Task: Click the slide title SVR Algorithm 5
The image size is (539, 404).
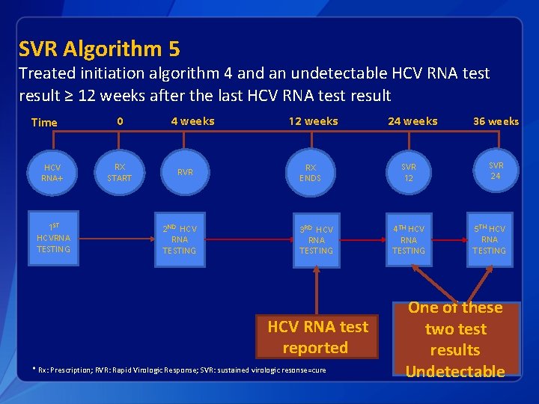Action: pyautogui.click(x=99, y=49)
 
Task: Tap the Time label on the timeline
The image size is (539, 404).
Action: pyautogui.click(x=44, y=123)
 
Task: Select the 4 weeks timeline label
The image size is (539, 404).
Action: pyautogui.click(x=192, y=121)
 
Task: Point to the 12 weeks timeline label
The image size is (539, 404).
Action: pyautogui.click(x=314, y=121)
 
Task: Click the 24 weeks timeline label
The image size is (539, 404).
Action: pyautogui.click(x=412, y=121)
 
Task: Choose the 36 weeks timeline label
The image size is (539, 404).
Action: pyautogui.click(x=496, y=121)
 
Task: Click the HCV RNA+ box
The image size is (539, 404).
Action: pyautogui.click(x=52, y=173)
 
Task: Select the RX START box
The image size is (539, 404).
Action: pyautogui.click(x=119, y=173)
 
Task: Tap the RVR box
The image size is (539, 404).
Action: pyautogui.click(x=185, y=173)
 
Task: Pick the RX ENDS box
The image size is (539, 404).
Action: pyautogui.click(x=310, y=173)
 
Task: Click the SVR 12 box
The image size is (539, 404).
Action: pyautogui.click(x=409, y=173)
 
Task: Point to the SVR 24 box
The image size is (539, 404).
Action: pyautogui.click(x=496, y=171)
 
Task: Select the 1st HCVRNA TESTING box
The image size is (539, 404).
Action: pyautogui.click(x=53, y=238)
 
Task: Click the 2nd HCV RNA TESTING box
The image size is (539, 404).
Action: pyautogui.click(x=180, y=239)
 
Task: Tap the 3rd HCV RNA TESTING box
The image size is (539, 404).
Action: pyautogui.click(x=316, y=239)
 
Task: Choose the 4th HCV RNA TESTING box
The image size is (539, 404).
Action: pyautogui.click(x=409, y=239)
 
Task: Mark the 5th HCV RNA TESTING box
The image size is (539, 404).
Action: pyautogui.click(x=489, y=239)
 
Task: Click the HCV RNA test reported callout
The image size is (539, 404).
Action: pyautogui.click(x=317, y=337)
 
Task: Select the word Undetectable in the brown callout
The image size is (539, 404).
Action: pyautogui.click(x=455, y=371)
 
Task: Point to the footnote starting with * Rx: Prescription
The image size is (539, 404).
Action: pyautogui.click(x=180, y=370)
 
